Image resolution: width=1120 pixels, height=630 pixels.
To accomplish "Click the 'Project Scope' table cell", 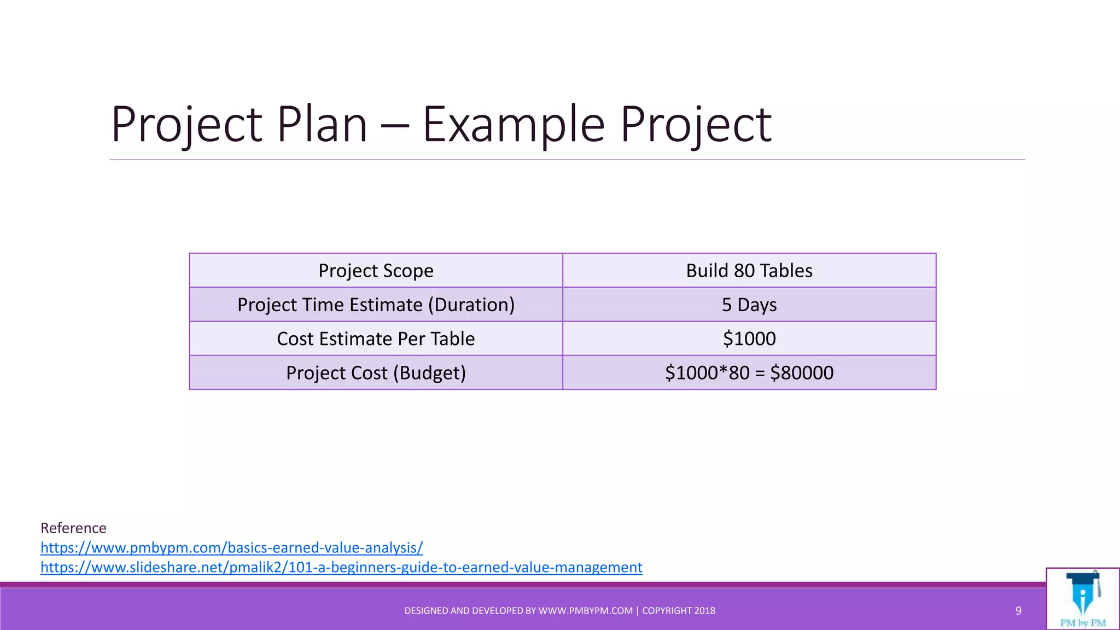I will pos(376,271).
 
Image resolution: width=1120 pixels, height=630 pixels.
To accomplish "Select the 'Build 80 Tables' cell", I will pos(749,271).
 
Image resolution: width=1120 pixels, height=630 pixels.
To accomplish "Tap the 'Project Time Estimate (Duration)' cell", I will pos(376,305).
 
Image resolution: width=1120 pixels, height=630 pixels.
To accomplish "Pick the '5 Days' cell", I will pos(749,305).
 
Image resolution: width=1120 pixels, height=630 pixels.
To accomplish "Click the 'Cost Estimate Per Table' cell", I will pos(376,339).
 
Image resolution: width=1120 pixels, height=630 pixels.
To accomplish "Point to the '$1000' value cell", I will pos(749,339).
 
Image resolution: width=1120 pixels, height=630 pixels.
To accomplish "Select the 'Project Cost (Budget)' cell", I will pos(376,373).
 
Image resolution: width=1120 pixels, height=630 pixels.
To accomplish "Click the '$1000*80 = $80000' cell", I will pos(749,373).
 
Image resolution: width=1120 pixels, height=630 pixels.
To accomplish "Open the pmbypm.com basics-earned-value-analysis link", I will pos(231,547).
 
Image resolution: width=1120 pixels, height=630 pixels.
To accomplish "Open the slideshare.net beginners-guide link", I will pos(341,567).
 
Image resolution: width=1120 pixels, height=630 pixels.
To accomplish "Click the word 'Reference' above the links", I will pos(73,528).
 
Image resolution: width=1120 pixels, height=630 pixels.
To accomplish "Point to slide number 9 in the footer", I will pos(1018,611).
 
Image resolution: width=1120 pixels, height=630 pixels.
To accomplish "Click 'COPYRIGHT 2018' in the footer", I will pos(678,611).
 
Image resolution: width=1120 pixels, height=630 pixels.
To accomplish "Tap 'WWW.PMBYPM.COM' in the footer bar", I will pos(585,611).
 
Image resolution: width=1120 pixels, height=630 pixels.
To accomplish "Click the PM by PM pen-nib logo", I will pos(1082,593).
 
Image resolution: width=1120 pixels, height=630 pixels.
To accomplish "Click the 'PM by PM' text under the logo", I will pos(1083,623).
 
